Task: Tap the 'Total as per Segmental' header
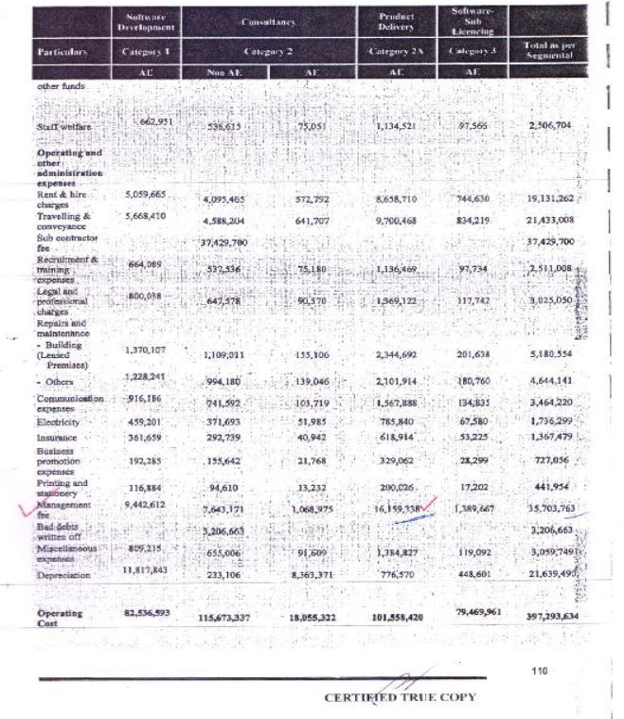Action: click(x=549, y=45)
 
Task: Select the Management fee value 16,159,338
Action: click(x=397, y=509)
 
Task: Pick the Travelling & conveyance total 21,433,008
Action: click(x=550, y=219)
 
